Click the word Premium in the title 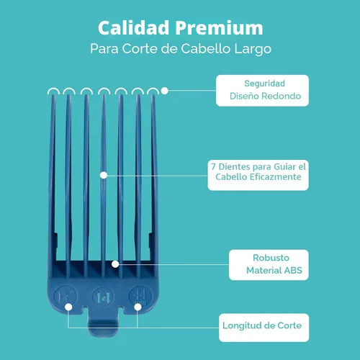(219, 28)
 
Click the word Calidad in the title (133, 27)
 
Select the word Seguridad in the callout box (264, 84)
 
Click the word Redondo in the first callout (281, 96)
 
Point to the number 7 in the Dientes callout (213, 166)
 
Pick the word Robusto (271, 258)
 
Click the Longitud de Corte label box (264, 328)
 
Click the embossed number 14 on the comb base (103, 297)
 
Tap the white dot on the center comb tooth (104, 175)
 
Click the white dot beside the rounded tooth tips (165, 91)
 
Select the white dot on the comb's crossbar (115, 264)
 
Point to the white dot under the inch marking (68, 307)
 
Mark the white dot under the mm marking (138, 307)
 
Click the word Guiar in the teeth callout (285, 166)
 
